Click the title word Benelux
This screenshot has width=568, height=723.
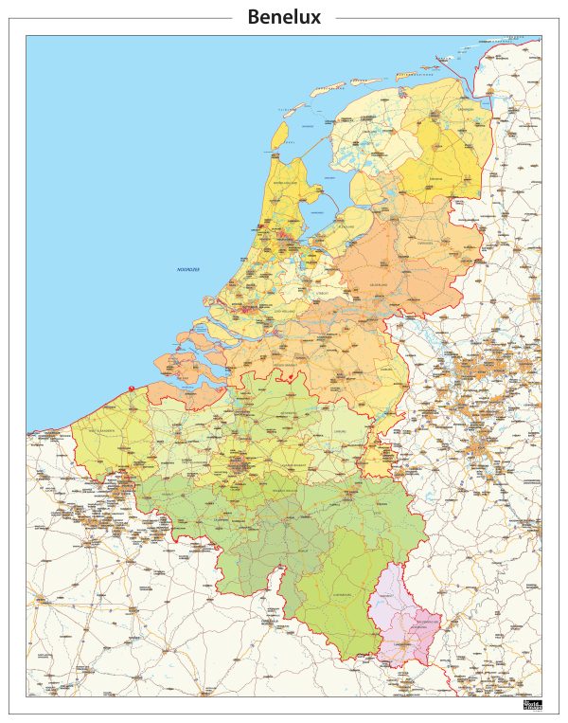pyautogui.click(x=283, y=17)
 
